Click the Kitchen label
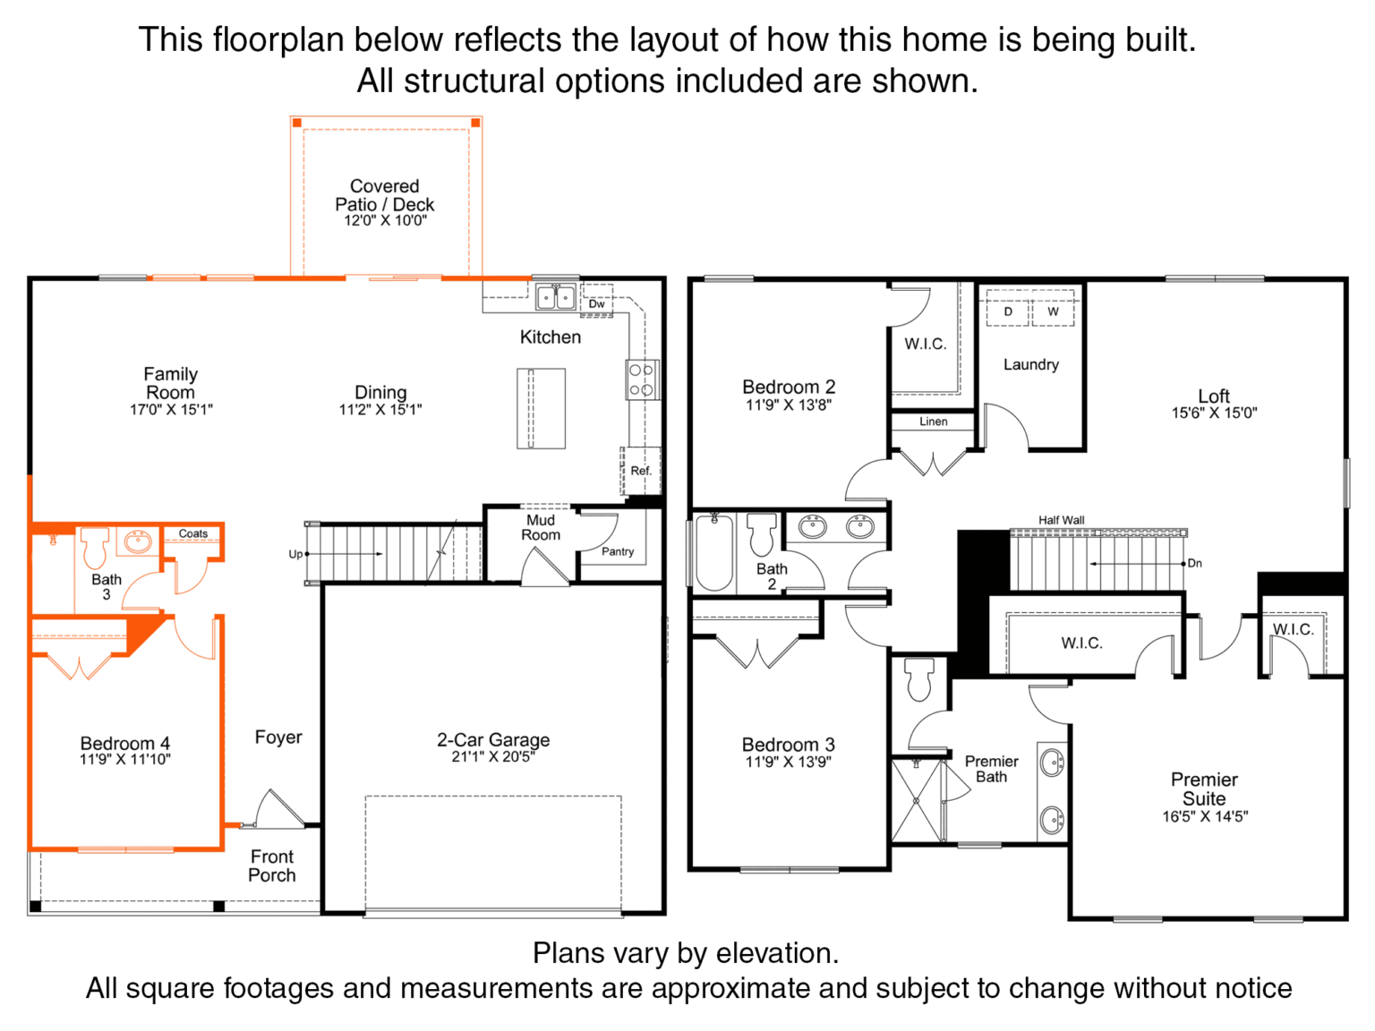[550, 337]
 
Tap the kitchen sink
[555, 296]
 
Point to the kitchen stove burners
[642, 380]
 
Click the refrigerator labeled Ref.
[640, 471]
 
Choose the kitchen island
[541, 409]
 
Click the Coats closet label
[193, 533]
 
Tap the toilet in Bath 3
[94, 547]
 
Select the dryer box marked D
[1007, 311]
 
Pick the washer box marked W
[1053, 311]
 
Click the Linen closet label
[934, 422]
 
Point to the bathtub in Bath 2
[713, 553]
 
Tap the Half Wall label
[1061, 520]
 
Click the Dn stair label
[1194, 564]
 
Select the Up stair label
[295, 554]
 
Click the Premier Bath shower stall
[916, 801]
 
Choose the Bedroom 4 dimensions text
[125, 759]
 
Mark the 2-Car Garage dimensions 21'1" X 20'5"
[493, 757]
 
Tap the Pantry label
[618, 551]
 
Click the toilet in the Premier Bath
[919, 678]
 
